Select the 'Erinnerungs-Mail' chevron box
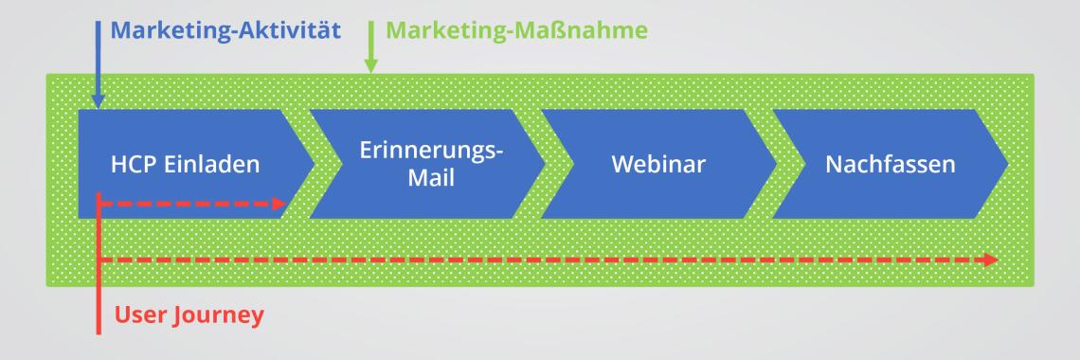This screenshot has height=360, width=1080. [426, 163]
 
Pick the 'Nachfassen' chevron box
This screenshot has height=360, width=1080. [891, 164]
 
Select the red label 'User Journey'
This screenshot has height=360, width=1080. [189, 314]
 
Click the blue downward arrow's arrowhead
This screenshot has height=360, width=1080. [99, 99]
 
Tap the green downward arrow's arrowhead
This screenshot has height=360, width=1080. [370, 65]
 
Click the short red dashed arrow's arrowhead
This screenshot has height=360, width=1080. [279, 204]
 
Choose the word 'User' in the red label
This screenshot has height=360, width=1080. [139, 314]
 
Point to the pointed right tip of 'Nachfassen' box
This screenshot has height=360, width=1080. [1006, 164]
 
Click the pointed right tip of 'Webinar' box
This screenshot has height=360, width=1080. [775, 164]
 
